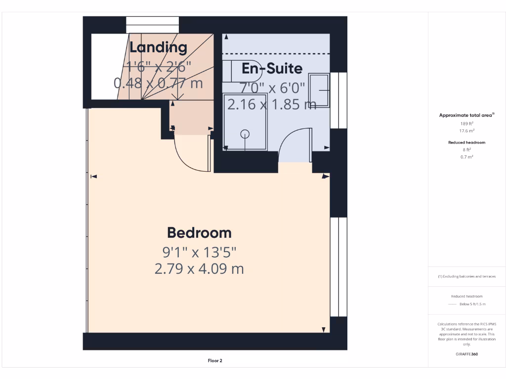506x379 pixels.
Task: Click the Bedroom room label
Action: tap(199, 232)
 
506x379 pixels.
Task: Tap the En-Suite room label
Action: tap(272, 69)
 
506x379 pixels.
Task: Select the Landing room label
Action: tap(158, 47)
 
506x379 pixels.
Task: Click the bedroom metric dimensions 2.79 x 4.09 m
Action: tap(199, 269)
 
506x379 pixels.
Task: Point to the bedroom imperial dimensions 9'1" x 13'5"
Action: tap(199, 252)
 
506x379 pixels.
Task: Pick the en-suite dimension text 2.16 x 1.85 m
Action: tap(272, 104)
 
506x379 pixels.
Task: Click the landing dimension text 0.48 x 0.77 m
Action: tap(158, 82)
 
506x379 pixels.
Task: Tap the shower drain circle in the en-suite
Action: tap(245, 134)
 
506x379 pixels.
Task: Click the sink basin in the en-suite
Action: tap(319, 90)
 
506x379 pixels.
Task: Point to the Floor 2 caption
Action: tap(215, 361)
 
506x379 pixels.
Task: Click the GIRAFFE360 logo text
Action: tap(467, 354)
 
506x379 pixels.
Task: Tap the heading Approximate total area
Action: tap(466, 115)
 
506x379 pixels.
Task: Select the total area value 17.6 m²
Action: tap(467, 131)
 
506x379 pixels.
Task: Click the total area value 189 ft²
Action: tap(467, 123)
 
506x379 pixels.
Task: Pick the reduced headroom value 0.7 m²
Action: tap(467, 156)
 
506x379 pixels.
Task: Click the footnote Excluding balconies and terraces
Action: tap(467, 276)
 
